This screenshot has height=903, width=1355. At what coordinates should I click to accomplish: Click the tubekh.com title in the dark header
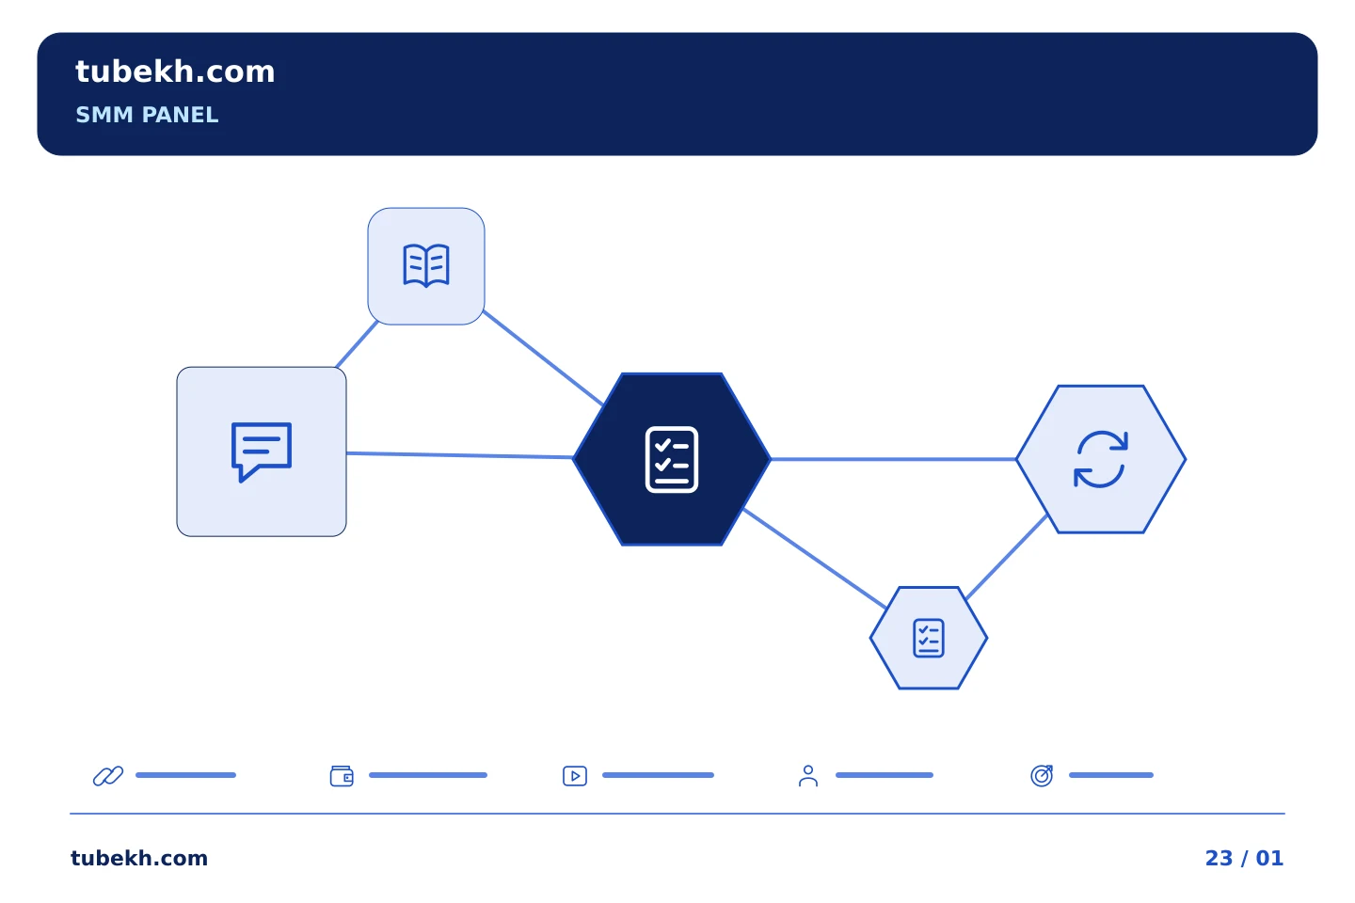pos(175,72)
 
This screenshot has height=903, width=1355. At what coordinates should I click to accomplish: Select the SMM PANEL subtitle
pos(147,115)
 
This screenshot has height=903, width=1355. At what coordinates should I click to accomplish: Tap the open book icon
pos(426,265)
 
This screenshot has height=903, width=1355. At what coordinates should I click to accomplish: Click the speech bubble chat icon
pos(262,451)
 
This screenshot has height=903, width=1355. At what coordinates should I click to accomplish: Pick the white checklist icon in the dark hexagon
pos(672,460)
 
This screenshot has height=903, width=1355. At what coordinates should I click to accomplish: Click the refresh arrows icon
pos(1100,459)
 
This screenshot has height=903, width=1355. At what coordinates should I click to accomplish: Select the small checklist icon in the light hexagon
pos(929,638)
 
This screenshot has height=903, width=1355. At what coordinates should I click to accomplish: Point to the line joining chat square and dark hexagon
pos(460,455)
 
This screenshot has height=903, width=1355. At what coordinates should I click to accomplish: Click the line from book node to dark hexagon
pos(543,357)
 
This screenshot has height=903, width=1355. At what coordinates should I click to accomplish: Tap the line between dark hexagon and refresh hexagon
pos(894,459)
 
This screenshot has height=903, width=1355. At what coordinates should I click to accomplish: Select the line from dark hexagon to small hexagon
pos(814,558)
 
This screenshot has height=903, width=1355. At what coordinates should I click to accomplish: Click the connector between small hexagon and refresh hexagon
pos(1006,557)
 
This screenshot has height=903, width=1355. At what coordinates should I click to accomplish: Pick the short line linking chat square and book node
pos(357,344)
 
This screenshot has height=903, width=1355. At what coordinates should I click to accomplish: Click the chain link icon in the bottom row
pos(108,775)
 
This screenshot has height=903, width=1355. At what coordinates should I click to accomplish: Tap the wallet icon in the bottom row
pos(342,775)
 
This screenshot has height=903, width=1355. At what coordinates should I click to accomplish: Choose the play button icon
pos(575,775)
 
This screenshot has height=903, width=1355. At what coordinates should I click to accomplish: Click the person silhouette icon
pos(808,775)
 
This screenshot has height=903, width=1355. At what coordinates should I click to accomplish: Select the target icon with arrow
pos(1042,775)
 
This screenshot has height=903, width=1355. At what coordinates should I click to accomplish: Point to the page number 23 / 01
pos(1244,858)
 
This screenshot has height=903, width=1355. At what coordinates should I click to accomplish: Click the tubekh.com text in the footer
pos(139,858)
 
